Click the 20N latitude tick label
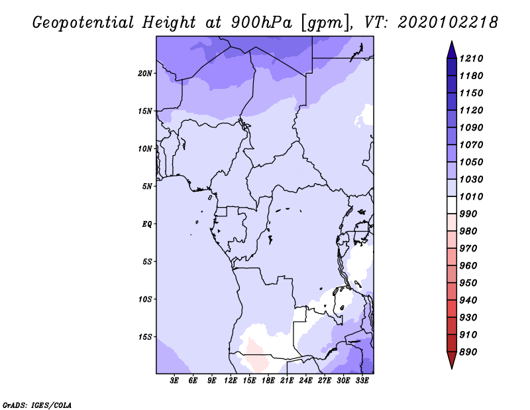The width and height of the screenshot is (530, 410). pos(145,74)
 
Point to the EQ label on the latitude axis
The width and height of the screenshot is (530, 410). pos(147,224)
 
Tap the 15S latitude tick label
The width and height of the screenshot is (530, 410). pos(145,337)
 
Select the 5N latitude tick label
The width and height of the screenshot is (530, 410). pos(147,186)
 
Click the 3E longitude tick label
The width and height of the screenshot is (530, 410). pos(174,381)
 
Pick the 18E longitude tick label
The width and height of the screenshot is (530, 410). pos(268,381)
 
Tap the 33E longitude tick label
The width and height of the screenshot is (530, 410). pos(362,381)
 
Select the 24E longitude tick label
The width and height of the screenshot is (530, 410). pos(305,381)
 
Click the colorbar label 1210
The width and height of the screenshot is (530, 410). pos(471,58)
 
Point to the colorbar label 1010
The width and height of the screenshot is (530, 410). pos(471,196)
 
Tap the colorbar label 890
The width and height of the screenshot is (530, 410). pos(468,352)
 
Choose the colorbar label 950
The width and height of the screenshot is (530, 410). pos(468,283)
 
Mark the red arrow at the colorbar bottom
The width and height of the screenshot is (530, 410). pos(452,360)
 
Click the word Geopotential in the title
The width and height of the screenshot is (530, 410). pos(83,23)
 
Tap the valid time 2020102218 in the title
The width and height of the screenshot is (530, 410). pos(448,23)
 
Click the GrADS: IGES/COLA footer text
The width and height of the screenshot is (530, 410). pos(37,405)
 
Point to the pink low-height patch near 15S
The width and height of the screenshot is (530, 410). pos(257,354)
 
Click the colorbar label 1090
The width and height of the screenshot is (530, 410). pos(471,127)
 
